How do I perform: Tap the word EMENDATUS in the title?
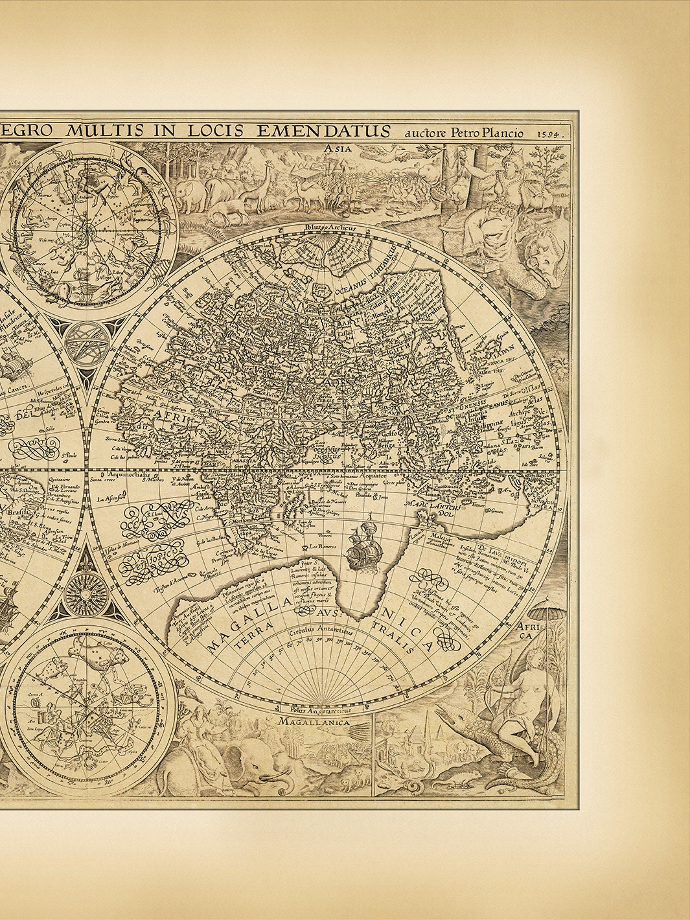tap(324, 130)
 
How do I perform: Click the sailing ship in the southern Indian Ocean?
tap(361, 547)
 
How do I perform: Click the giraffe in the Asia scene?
tap(264, 188)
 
